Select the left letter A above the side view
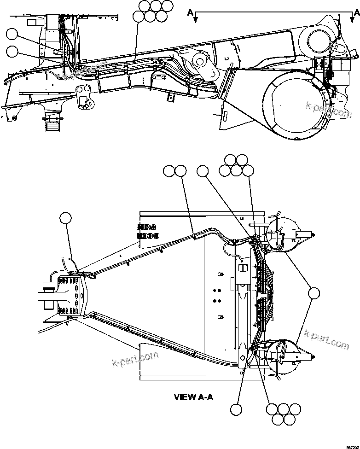[190, 13]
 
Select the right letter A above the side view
[351, 13]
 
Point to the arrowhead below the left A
[196, 20]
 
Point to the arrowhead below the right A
[352, 20]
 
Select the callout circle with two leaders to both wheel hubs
[314, 293]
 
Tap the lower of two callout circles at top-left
[13, 51]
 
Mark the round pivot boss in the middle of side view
[199, 60]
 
